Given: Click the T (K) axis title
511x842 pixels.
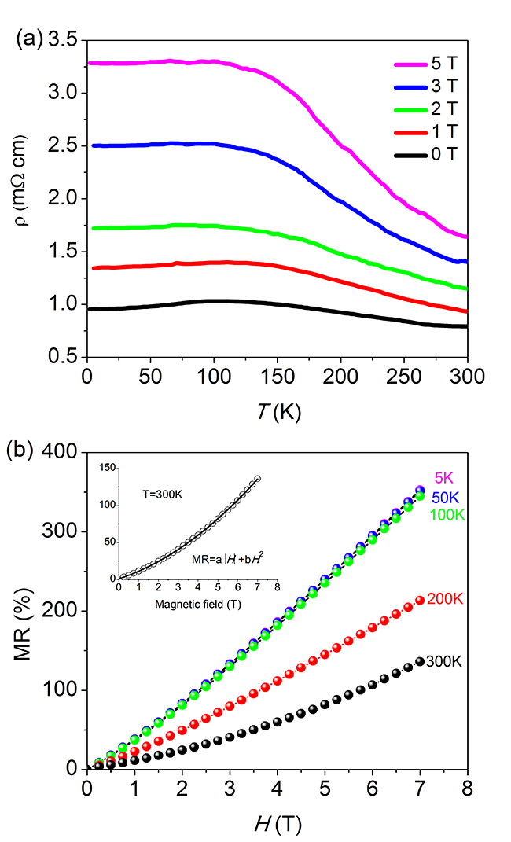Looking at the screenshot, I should coord(277,410).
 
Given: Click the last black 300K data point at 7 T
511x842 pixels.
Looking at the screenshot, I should coord(420,662).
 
